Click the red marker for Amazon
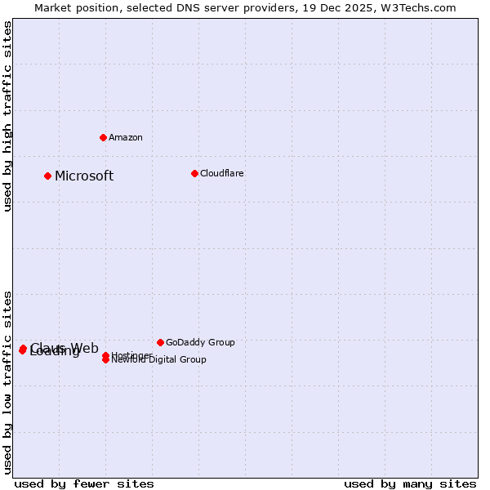click(103, 137)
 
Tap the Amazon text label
click(126, 137)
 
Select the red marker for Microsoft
click(48, 176)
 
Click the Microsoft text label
click(84, 176)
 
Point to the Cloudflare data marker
click(194, 173)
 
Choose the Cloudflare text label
click(222, 173)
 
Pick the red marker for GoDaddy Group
click(160, 342)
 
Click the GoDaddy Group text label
click(200, 343)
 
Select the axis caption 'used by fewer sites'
click(84, 484)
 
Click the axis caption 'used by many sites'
click(410, 484)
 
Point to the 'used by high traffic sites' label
click(8, 117)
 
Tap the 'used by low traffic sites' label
click(8, 381)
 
